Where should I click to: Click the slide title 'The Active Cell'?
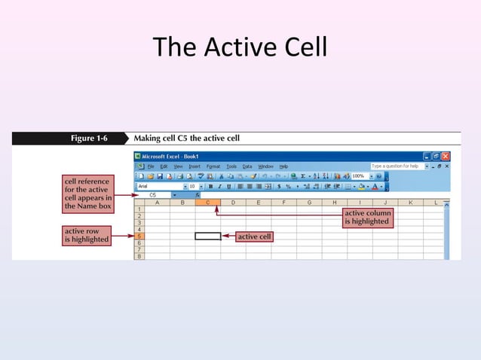[x=240, y=48]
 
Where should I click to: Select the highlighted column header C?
[x=207, y=203]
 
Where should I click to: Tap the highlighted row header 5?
[x=139, y=236]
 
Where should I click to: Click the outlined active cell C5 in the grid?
[x=207, y=236]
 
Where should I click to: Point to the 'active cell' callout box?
[x=254, y=236]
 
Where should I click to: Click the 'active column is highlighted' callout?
[x=366, y=218]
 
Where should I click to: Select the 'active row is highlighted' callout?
[x=87, y=235]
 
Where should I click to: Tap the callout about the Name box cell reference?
[x=87, y=194]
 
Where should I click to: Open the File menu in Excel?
[x=151, y=166]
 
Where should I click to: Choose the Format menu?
[x=213, y=166]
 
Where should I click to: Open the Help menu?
[x=283, y=166]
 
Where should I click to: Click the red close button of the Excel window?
[x=446, y=156]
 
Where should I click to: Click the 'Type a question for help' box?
[x=396, y=166]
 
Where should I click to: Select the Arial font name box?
[x=158, y=186]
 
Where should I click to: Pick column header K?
[x=411, y=203]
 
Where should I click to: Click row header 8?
[x=139, y=257]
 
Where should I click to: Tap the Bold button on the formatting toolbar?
[x=210, y=186]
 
